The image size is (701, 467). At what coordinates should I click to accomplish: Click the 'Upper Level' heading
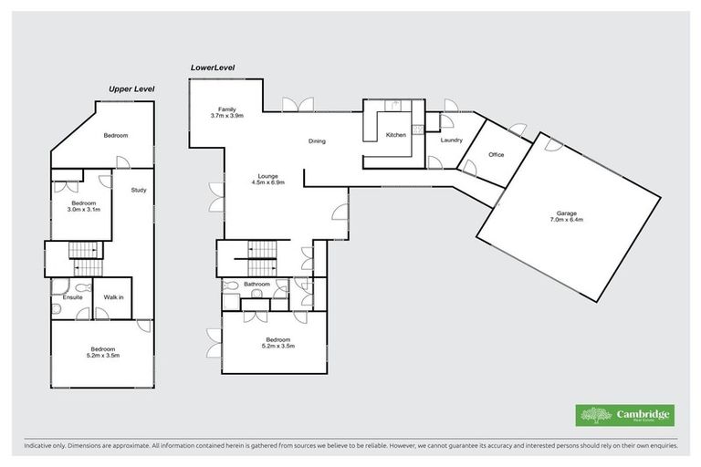131,88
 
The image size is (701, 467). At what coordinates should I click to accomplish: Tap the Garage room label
566,213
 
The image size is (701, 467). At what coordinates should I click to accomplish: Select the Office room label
496,154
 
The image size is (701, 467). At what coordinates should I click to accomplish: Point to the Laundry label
451,140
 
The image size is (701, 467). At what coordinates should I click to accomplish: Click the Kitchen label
395,135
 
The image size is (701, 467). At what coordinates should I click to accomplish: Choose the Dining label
317,140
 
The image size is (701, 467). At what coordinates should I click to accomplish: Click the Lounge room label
267,175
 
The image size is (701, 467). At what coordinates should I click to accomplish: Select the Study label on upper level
138,190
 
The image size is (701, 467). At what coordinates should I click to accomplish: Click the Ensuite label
73,296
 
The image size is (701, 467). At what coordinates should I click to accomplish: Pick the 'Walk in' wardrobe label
113,296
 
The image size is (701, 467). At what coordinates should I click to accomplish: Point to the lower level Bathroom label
256,284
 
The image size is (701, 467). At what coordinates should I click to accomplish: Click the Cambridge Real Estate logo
624,415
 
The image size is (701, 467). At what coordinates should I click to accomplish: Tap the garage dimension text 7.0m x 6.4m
566,220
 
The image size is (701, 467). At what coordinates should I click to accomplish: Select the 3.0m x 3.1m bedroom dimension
83,209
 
